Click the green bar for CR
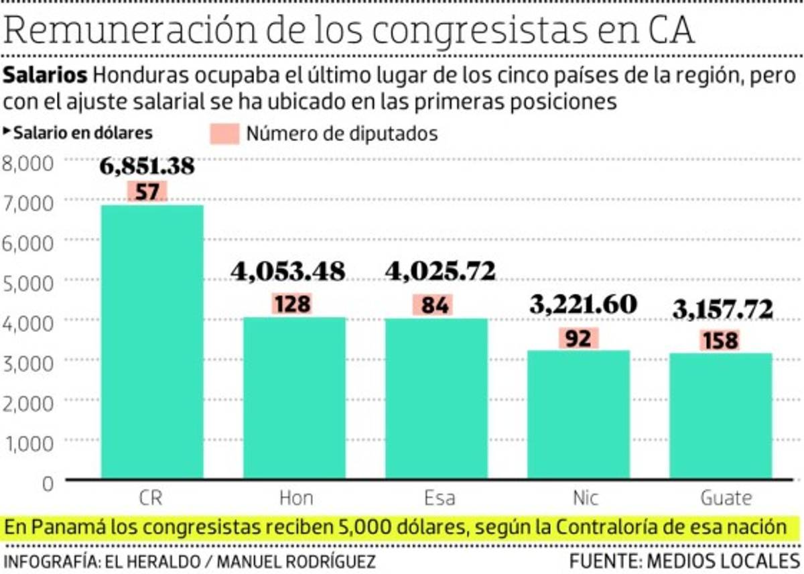click(152, 342)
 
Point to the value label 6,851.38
click(147, 166)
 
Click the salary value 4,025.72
click(440, 271)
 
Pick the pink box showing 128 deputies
click(293, 304)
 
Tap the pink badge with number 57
click(147, 192)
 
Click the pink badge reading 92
click(578, 339)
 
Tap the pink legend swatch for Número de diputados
click(223, 133)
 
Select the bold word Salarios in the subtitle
click(46, 75)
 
